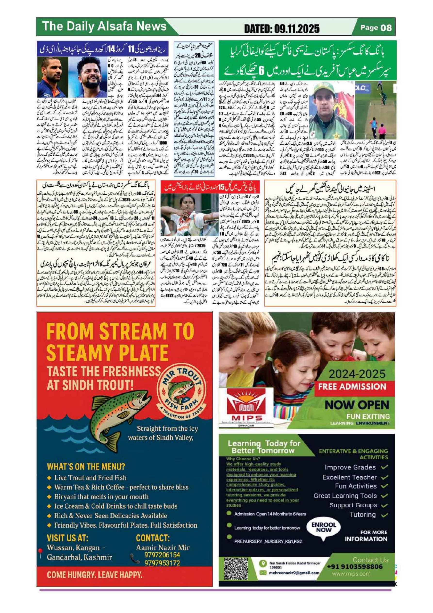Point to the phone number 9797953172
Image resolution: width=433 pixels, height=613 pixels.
(162, 563)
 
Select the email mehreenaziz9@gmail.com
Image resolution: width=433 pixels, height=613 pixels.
(294, 573)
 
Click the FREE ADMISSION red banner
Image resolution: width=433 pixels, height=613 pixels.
(352, 386)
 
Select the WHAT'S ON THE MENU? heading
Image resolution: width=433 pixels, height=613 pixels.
(86, 467)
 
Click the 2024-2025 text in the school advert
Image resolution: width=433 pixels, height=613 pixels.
(357, 374)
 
